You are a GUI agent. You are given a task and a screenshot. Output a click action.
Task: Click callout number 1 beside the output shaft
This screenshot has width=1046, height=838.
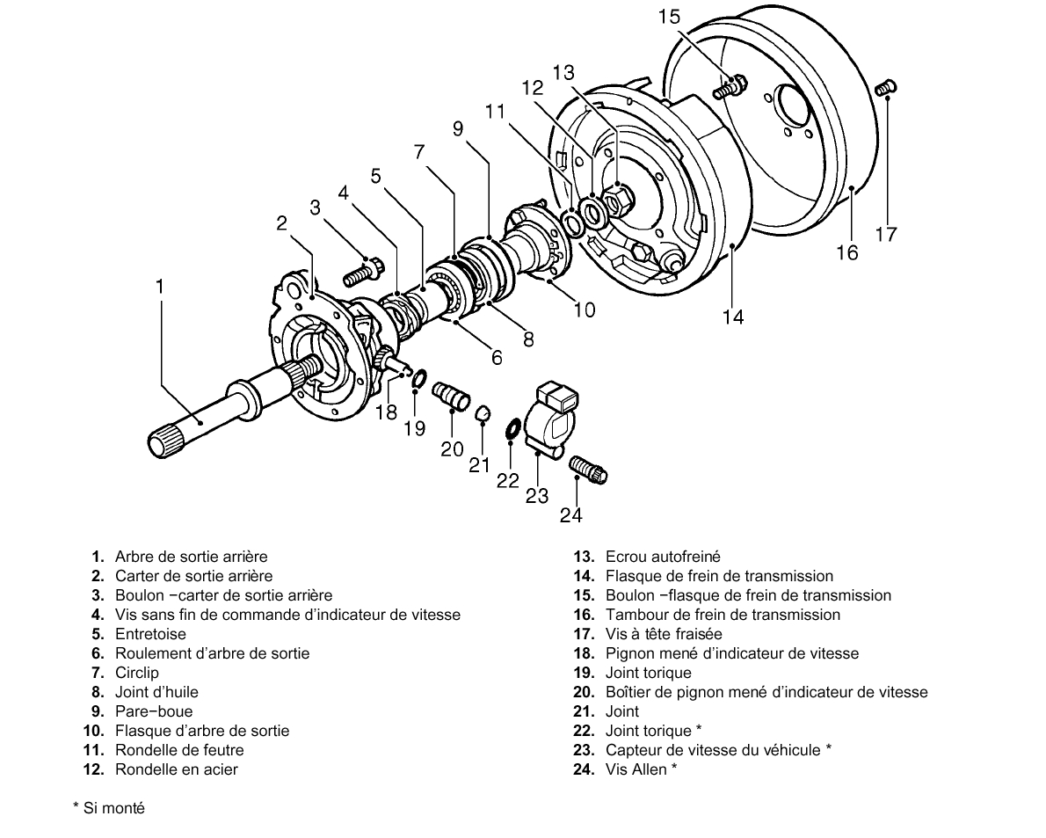point(159,287)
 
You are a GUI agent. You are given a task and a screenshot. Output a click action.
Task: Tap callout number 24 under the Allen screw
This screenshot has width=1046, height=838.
point(571,515)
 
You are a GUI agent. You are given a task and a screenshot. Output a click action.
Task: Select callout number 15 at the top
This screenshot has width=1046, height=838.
point(669,17)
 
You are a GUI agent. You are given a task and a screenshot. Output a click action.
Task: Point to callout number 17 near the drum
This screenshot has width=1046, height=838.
point(887,234)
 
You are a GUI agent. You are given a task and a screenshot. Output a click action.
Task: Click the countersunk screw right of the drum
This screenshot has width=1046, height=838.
point(885,87)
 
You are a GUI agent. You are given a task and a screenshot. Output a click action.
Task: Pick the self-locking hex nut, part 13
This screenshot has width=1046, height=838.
point(617,199)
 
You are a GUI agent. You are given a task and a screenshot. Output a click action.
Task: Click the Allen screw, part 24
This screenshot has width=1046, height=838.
point(588,469)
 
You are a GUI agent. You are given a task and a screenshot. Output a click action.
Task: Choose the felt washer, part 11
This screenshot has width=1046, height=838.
point(571,222)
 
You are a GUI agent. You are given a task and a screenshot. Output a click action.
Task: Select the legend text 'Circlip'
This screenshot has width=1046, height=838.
point(137,673)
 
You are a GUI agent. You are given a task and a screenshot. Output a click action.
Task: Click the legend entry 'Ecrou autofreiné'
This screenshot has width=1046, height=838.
point(663,557)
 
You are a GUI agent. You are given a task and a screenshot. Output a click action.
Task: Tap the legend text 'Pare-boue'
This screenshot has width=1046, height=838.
point(154,711)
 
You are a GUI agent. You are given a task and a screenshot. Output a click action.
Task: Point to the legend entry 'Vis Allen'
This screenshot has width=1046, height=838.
point(636,769)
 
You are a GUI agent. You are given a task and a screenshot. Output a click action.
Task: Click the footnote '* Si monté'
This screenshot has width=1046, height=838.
point(109,808)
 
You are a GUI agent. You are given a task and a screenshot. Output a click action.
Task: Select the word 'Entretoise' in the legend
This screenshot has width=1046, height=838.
point(151,634)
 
